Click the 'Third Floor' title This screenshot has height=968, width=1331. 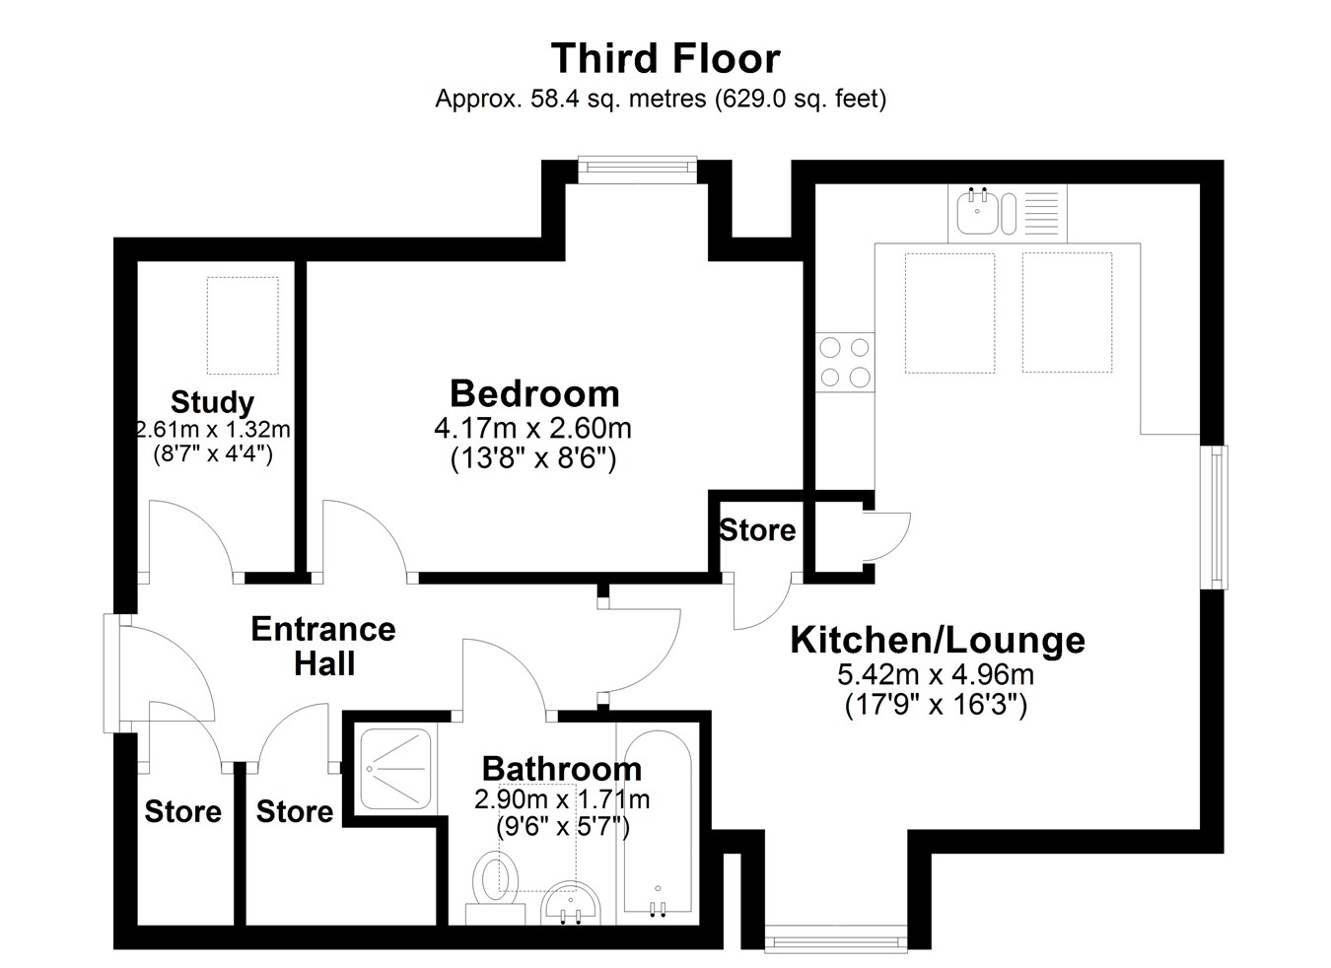coord(665,58)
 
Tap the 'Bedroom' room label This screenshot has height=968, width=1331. coord(534,393)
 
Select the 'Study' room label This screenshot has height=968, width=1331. coord(213,402)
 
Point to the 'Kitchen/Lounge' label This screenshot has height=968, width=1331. coord(938,640)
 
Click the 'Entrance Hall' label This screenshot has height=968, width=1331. coord(323,646)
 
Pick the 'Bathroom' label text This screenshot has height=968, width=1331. coord(562,769)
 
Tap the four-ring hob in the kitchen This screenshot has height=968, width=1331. coord(844,362)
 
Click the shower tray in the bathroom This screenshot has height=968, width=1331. coord(395,769)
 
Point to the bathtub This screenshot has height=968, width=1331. coord(658,826)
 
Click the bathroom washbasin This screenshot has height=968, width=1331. coord(572,904)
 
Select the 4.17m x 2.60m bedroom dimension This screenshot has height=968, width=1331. coord(533,429)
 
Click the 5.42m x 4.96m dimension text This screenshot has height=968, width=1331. coord(936,674)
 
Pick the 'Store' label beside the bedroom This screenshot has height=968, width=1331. coord(757,530)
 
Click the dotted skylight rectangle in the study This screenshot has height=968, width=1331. coord(243,325)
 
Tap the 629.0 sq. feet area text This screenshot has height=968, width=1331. coord(801,99)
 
